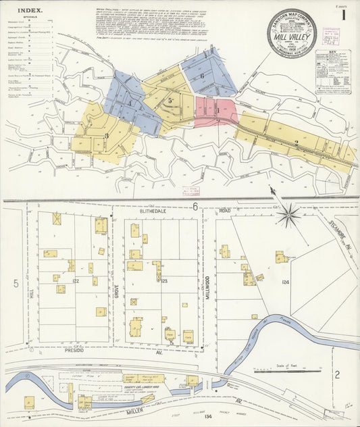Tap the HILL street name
[31, 294]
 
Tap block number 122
[76, 280]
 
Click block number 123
[163, 280]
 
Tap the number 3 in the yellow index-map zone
[106, 136]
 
